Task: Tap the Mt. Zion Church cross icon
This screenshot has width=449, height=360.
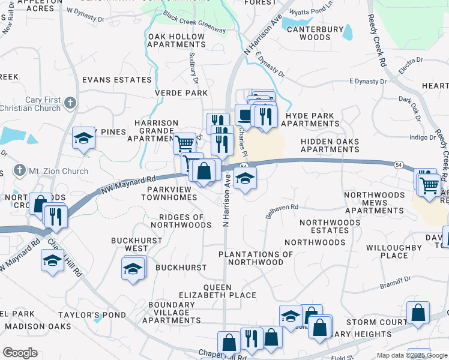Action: point(20,170)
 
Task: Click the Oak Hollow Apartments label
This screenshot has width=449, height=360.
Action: point(176,41)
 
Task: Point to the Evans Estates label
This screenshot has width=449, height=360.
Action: point(117,80)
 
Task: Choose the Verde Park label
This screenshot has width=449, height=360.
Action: point(181,93)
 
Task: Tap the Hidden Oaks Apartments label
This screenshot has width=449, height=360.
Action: point(330,146)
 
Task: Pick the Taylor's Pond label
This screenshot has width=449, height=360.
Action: point(92,315)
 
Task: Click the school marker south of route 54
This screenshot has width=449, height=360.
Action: point(245,178)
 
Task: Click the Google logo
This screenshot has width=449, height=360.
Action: point(20,353)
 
